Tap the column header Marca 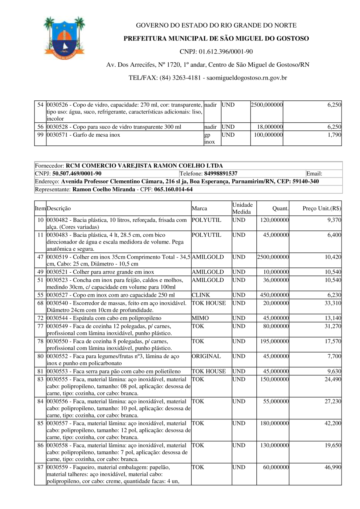click(x=199, y=208)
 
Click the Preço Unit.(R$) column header click(x=322, y=208)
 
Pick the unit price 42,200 click(x=332, y=423)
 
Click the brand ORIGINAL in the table click(x=206, y=356)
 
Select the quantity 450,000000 click(x=273, y=295)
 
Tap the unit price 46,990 click(x=332, y=467)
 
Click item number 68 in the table click(x=40, y=303)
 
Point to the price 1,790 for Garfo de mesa click(x=333, y=135)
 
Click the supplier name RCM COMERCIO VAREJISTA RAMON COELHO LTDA click(x=144, y=166)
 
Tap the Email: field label click(x=314, y=174)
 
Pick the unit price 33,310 click(x=332, y=303)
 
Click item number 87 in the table click(x=40, y=467)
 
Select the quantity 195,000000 click(x=273, y=341)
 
